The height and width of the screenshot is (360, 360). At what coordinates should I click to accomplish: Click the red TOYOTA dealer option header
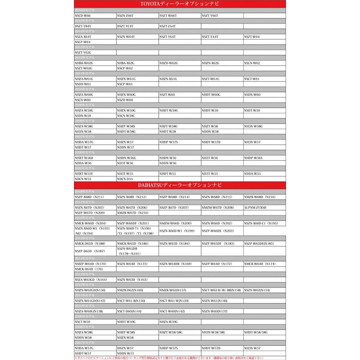pyautogui.click(x=180, y=4)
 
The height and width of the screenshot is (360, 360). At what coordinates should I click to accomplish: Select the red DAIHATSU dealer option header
pyautogui.click(x=180, y=185)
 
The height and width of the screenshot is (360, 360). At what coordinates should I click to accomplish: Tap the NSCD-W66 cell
pyautogui.click(x=83, y=15)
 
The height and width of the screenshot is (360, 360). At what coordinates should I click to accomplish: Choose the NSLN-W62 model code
pyautogui.click(x=252, y=63)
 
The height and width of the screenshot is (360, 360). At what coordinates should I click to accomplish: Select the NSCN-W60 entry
pyautogui.click(x=83, y=100)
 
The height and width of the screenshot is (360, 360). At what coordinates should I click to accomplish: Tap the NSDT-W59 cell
pyautogui.click(x=252, y=110)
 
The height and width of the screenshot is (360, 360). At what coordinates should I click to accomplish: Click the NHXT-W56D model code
pyautogui.click(x=84, y=158)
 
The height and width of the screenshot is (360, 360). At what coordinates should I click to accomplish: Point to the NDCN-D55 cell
pyautogui.click(x=125, y=179)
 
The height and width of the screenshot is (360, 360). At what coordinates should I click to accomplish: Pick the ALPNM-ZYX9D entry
pyautogui.click(x=255, y=208)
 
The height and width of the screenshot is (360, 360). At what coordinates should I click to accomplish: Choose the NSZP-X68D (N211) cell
pyautogui.click(x=89, y=197)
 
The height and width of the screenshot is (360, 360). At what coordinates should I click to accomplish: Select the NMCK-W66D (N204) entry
pyautogui.click(x=90, y=223)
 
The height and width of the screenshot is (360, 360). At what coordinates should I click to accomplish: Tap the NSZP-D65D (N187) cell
pyautogui.click(x=90, y=251)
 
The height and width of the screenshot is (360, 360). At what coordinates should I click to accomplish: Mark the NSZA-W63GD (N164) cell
pyautogui.click(x=91, y=280)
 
